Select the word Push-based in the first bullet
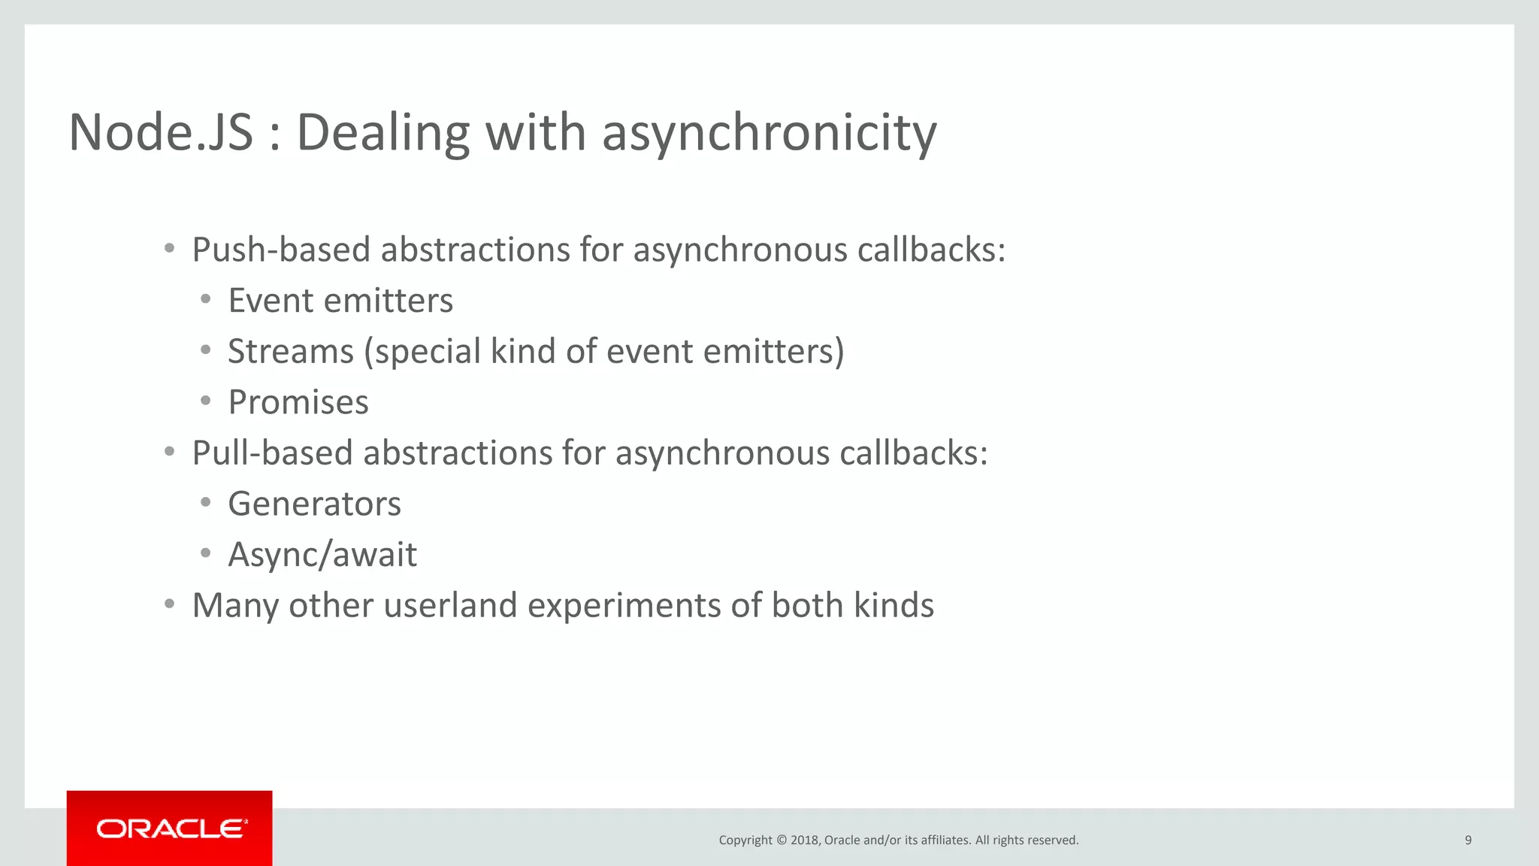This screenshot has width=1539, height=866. click(x=281, y=250)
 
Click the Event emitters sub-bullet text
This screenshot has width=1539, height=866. click(x=340, y=301)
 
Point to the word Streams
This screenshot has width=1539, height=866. click(x=291, y=352)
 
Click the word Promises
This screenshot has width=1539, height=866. click(x=298, y=402)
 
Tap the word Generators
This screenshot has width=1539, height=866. click(x=314, y=504)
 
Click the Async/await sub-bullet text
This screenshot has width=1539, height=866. click(x=322, y=555)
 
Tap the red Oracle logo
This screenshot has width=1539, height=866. click(x=170, y=828)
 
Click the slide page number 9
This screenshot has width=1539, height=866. click(x=1468, y=840)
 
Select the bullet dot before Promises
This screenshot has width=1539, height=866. click(x=205, y=401)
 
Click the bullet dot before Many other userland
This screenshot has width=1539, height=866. click(x=170, y=604)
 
